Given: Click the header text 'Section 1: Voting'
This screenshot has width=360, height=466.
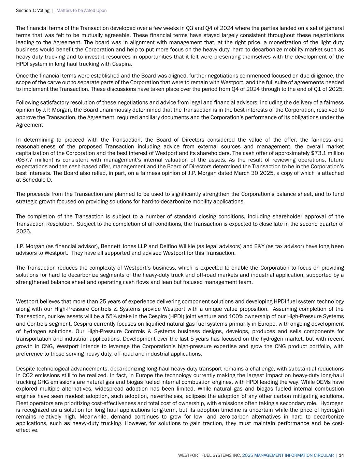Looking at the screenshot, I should pos(32,11).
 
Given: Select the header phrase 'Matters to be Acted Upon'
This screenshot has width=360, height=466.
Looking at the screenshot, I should pos(82,11).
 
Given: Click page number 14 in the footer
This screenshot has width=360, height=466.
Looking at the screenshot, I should pos(341,455).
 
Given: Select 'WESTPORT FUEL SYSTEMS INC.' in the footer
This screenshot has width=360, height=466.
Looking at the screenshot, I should pos(209,455).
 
